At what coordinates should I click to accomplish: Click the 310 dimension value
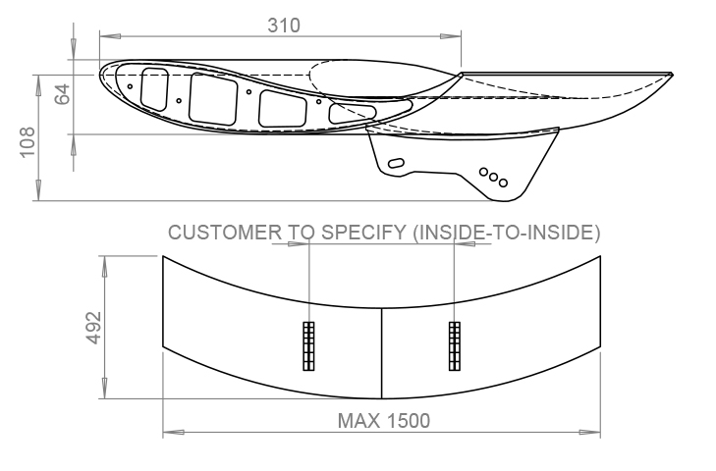point(284,26)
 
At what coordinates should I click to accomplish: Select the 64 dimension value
point(63,93)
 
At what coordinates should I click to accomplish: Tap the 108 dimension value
point(28,142)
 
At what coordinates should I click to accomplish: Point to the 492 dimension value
point(93,327)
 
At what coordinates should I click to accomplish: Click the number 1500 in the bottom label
point(408,421)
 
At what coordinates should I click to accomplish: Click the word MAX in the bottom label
point(358,421)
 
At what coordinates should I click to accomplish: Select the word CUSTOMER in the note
point(225,233)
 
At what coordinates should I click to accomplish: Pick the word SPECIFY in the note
point(363,233)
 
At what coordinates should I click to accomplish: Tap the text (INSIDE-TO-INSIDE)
point(507,233)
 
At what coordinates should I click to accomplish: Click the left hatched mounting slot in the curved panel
point(308,346)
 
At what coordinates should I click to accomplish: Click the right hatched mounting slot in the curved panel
point(455,346)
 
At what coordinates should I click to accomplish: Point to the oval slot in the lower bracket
point(396,163)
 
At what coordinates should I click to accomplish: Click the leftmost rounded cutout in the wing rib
point(154,89)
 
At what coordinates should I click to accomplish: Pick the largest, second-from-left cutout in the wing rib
point(213,99)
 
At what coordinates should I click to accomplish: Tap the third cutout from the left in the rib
point(282,109)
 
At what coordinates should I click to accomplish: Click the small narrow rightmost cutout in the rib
point(352,113)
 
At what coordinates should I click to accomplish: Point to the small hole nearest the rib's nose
point(131,86)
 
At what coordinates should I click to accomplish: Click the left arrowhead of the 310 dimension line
point(110,36)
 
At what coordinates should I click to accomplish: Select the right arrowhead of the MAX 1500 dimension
point(589,432)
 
